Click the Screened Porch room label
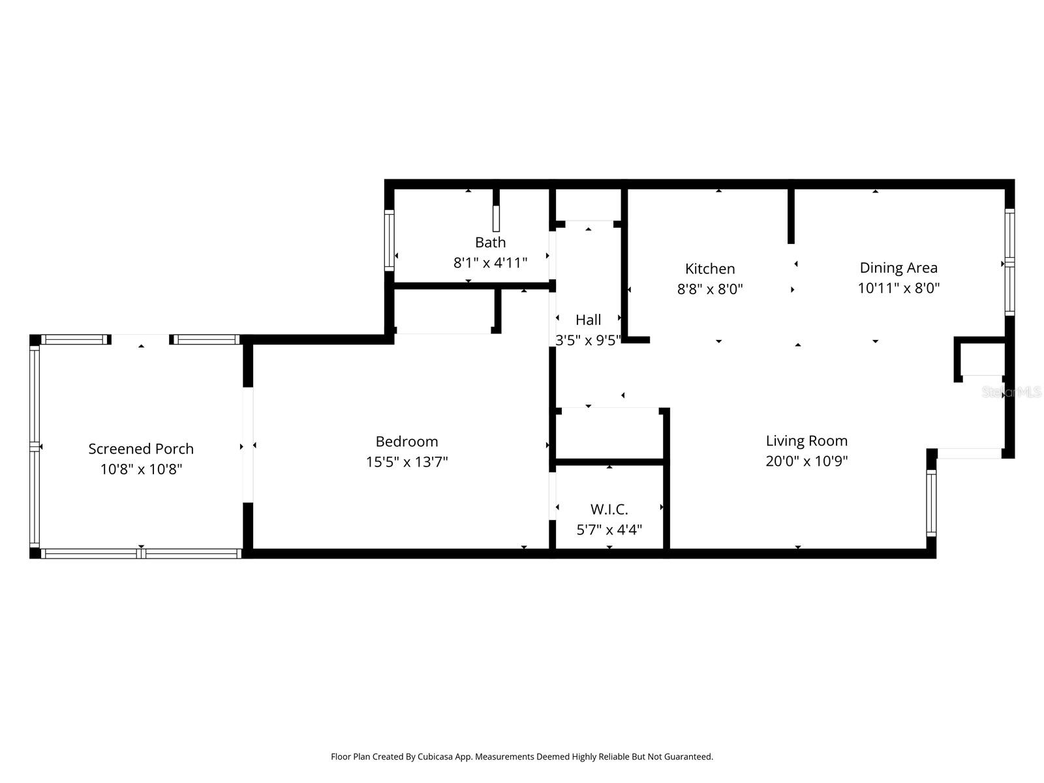(x=141, y=449)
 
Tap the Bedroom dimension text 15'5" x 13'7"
(x=407, y=462)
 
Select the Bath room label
(x=490, y=242)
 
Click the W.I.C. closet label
(x=609, y=510)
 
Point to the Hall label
(x=588, y=320)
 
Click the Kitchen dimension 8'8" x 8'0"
(x=710, y=289)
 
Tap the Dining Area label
(x=898, y=268)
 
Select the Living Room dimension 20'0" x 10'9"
(x=806, y=461)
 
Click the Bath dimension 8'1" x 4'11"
(x=490, y=263)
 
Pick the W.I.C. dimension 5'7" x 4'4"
(x=609, y=530)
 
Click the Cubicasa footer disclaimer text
(x=521, y=757)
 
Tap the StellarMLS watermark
(x=1011, y=392)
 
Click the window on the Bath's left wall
(x=390, y=240)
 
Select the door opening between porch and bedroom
(x=248, y=445)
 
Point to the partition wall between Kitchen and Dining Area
(x=791, y=215)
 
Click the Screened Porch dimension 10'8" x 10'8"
(x=141, y=469)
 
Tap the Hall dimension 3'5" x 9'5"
(x=588, y=340)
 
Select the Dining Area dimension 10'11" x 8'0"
(x=898, y=288)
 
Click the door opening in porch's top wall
(x=141, y=339)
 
